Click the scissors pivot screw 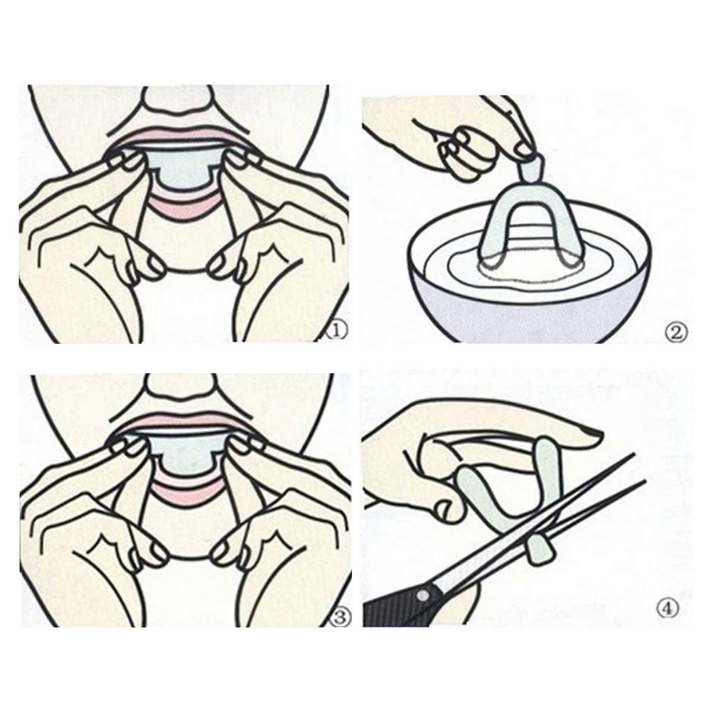(x=422, y=595)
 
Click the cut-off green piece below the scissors (x=540, y=549)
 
